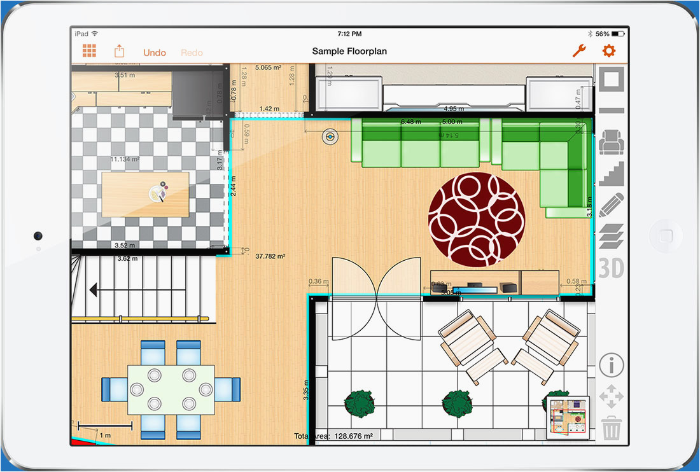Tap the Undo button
(154, 52)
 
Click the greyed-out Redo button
(192, 52)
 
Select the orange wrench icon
(579, 52)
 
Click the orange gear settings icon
(609, 52)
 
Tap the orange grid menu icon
(89, 52)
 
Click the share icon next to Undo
(120, 52)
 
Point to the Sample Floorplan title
(349, 52)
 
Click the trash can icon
(611, 427)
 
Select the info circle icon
(611, 365)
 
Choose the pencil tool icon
(611, 205)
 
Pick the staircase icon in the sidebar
(611, 174)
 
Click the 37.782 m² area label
(270, 256)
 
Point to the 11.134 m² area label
(124, 159)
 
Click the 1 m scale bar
(104, 426)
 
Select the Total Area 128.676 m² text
(333, 436)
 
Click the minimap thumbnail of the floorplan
(568, 417)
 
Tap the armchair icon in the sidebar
(611, 142)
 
